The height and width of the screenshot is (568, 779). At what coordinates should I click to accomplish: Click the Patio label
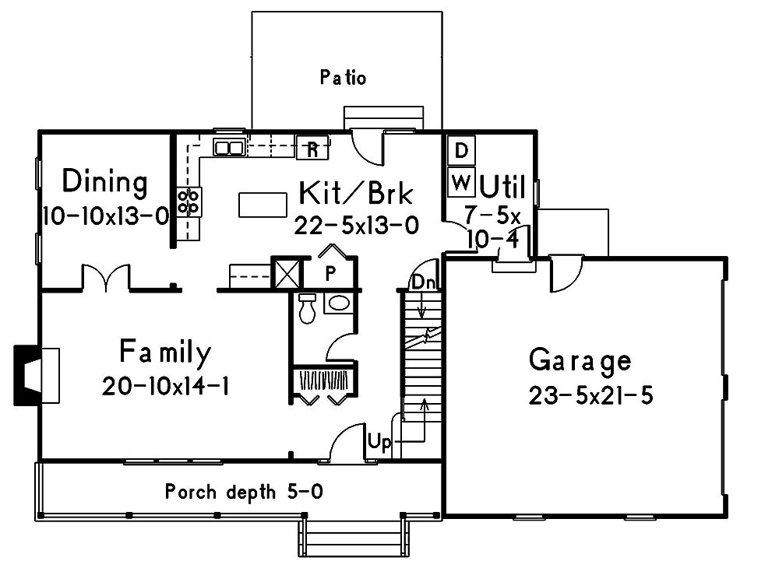coord(343,78)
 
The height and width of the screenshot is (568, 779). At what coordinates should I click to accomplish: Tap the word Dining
coord(104,182)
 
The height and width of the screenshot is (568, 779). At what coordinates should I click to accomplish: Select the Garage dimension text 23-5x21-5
coord(590,395)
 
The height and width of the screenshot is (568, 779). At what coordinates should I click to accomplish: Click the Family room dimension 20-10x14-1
coord(164,386)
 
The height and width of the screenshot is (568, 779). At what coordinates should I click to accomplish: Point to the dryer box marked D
coord(461,149)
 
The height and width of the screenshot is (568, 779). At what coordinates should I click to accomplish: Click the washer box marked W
coord(461,184)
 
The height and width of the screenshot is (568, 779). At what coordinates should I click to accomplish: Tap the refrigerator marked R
coord(312,147)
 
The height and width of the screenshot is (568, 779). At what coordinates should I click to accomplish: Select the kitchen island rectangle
coord(263,205)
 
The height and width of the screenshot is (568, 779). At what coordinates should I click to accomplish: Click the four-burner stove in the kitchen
coord(189,202)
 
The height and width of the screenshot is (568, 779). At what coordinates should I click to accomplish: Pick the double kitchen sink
coord(230,147)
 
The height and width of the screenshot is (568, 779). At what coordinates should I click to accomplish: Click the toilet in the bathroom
coord(307,309)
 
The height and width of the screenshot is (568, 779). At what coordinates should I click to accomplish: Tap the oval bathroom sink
coord(339,303)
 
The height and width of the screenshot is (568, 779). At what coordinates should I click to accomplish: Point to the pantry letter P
coord(330,273)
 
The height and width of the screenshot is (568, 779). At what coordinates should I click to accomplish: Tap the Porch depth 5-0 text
coord(244,492)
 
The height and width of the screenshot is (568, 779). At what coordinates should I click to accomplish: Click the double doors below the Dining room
coord(106,278)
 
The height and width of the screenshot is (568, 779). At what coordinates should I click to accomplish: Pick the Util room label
coord(502,187)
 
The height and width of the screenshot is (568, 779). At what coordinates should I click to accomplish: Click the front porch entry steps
coord(354,538)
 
